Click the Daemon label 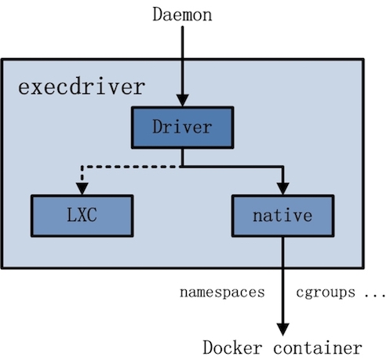[182, 14]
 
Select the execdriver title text [82, 87]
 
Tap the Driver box [182, 127]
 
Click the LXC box [82, 216]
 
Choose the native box [282, 216]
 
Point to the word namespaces [222, 293]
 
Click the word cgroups [326, 293]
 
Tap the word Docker [232, 348]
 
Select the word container [318, 348]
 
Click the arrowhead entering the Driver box [182, 100]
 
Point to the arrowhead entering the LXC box [82, 189]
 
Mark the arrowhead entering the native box [282, 189]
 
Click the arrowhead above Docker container [282, 329]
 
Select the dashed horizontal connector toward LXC [131, 166]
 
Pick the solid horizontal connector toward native [232, 166]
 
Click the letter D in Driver [157, 127]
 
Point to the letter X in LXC [82, 215]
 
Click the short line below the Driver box [182, 158]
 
